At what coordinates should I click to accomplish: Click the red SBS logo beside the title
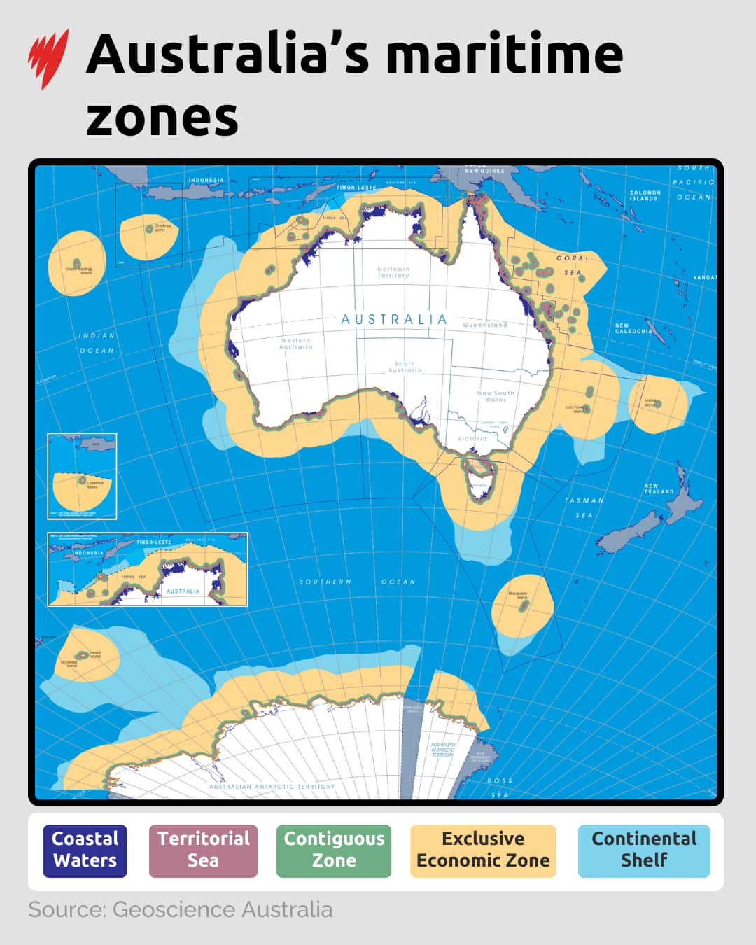click(x=48, y=59)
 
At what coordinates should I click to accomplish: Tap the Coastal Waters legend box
click(x=85, y=850)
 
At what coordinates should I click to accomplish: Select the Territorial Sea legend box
click(x=203, y=850)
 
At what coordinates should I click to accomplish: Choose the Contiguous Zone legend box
click(x=334, y=850)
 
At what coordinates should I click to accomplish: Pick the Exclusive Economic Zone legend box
click(x=483, y=850)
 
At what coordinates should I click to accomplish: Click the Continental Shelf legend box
click(x=644, y=850)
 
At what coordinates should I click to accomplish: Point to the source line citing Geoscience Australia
click(x=181, y=909)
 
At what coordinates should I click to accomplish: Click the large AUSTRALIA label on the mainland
click(x=393, y=320)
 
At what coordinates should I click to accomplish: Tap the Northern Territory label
click(x=393, y=272)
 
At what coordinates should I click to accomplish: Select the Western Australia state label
click(x=295, y=344)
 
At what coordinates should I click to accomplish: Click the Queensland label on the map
click(x=485, y=325)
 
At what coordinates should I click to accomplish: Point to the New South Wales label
click(x=496, y=396)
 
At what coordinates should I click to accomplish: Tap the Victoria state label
click(x=472, y=439)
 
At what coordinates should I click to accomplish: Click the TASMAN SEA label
click(x=584, y=507)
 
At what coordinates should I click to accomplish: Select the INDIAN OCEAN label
click(x=97, y=343)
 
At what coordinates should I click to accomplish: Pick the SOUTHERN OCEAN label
click(x=357, y=582)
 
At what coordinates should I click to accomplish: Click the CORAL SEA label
click(x=573, y=265)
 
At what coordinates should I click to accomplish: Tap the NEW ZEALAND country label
click(x=659, y=489)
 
